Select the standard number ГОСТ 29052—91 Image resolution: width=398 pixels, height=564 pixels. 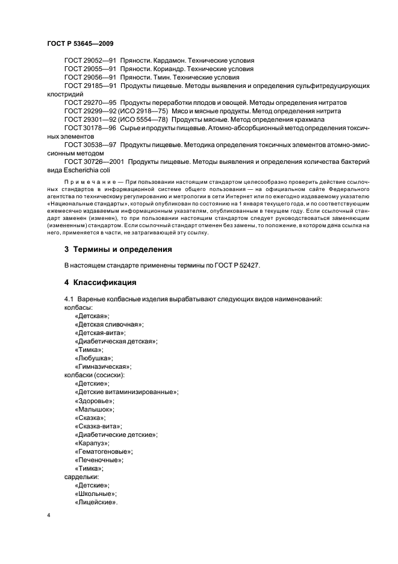click(x=90, y=61)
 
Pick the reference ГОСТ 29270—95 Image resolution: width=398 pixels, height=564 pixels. click(x=90, y=103)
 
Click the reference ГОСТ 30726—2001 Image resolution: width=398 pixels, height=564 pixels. click(x=93, y=162)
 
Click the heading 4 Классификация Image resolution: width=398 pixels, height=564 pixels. click(x=100, y=282)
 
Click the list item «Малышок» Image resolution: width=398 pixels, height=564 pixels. click(x=95, y=409)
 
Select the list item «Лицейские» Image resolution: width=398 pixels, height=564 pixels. click(x=96, y=502)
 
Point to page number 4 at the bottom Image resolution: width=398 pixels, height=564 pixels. click(x=48, y=516)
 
